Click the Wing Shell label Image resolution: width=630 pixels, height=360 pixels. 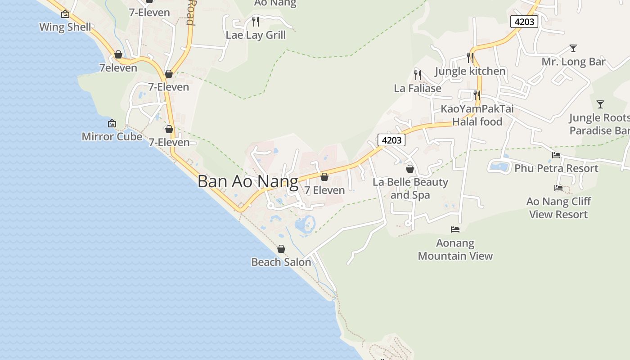tap(65, 27)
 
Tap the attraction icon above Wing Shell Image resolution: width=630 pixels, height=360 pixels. tap(65, 14)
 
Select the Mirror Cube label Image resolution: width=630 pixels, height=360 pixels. tap(112, 136)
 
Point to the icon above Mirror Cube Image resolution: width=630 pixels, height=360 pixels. tap(112, 123)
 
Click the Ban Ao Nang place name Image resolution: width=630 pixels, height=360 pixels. tap(248, 181)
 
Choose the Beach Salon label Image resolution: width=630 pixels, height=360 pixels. tap(281, 262)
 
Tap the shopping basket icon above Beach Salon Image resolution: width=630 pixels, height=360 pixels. tap(281, 249)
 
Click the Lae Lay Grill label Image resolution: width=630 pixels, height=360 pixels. tap(256, 35)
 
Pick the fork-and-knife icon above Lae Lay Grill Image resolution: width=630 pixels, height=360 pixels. tap(256, 21)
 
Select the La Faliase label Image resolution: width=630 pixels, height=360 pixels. tap(418, 88)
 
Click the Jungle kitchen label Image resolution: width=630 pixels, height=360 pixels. tap(470, 71)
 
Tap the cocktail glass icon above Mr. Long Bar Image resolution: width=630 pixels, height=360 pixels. tap(573, 48)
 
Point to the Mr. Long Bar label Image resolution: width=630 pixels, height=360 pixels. tap(573, 62)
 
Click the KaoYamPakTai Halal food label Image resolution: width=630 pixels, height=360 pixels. tap(477, 115)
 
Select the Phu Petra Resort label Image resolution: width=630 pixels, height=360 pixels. tap(556, 168)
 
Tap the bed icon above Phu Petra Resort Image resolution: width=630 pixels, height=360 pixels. tap(556, 155)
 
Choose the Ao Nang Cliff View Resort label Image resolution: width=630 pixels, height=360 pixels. tap(558, 207)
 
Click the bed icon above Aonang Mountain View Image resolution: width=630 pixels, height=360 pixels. tap(455, 229)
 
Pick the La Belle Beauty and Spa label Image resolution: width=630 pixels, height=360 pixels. tap(410, 188)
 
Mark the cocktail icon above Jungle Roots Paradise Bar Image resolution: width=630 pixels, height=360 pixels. tap(600, 104)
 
